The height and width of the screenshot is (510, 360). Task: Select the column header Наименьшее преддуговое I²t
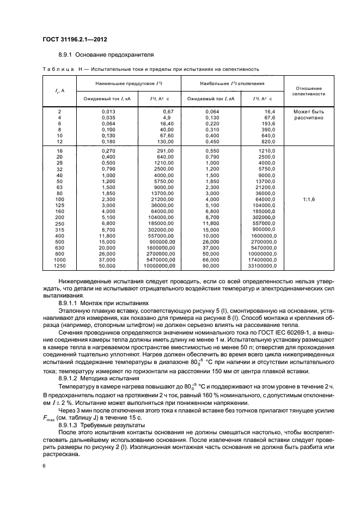pos(125,84)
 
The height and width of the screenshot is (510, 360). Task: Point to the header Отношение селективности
pos(308,90)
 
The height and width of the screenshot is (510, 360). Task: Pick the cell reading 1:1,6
pos(308,200)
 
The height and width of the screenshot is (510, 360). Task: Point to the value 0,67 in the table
pos(167,112)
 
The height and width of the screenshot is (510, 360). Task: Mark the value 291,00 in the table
pos(164,150)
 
